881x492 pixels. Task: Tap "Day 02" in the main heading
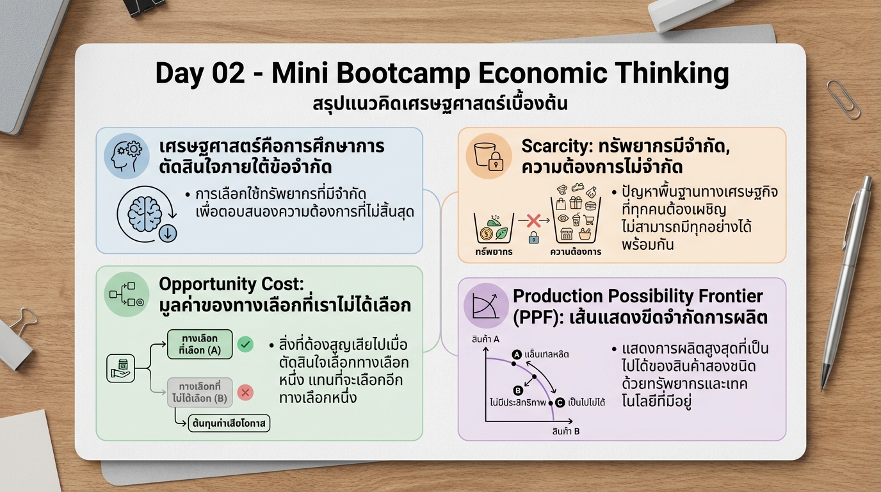[200, 74]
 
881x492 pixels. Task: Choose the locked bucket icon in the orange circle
[489, 156]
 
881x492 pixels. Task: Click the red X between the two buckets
[533, 222]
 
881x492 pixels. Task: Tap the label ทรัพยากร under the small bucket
[494, 252]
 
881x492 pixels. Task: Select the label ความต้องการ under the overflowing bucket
[576, 252]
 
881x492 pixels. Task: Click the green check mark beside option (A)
[245, 344]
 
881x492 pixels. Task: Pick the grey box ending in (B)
[200, 392]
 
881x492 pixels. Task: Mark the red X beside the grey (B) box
[245, 392]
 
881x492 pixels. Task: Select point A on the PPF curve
[516, 354]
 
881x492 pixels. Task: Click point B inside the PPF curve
[519, 390]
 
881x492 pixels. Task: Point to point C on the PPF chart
[560, 402]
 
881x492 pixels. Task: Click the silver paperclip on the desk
[843, 99]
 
